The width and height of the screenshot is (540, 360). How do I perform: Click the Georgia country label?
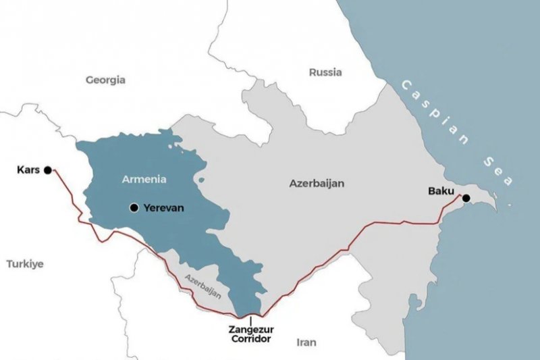(x=105, y=80)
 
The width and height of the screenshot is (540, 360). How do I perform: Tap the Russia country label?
(x=325, y=72)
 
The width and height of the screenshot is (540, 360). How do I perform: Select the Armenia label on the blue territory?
(x=143, y=179)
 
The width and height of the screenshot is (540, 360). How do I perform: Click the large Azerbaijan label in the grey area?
(x=317, y=183)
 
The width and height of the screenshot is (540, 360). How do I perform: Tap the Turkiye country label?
(x=25, y=264)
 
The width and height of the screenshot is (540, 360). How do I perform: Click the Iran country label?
(x=306, y=342)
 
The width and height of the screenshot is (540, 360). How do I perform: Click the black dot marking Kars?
(x=47, y=170)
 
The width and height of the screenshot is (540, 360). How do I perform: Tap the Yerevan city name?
(x=164, y=207)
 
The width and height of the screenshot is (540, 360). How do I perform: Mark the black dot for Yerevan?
(x=134, y=207)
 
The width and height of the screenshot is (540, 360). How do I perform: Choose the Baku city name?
(x=441, y=191)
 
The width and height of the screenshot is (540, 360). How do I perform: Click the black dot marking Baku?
(x=466, y=198)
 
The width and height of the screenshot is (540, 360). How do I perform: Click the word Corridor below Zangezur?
(x=250, y=339)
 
